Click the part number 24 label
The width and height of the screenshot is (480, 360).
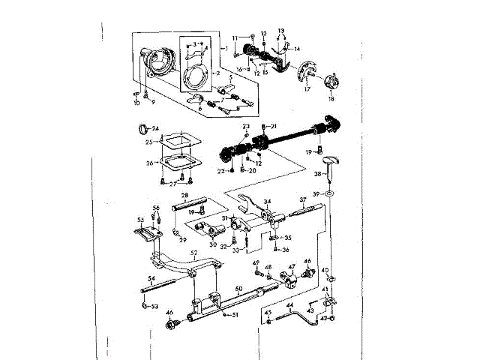click(156, 128)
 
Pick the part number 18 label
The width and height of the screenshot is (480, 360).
click(331, 99)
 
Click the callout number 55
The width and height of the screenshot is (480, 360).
click(140, 220)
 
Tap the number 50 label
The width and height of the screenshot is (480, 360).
click(238, 288)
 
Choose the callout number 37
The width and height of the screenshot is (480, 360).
click(303, 199)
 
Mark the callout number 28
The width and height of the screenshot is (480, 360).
click(184, 195)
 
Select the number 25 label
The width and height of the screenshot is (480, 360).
click(149, 142)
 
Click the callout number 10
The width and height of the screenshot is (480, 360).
click(137, 101)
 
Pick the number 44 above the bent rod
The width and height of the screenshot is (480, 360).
click(289, 306)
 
